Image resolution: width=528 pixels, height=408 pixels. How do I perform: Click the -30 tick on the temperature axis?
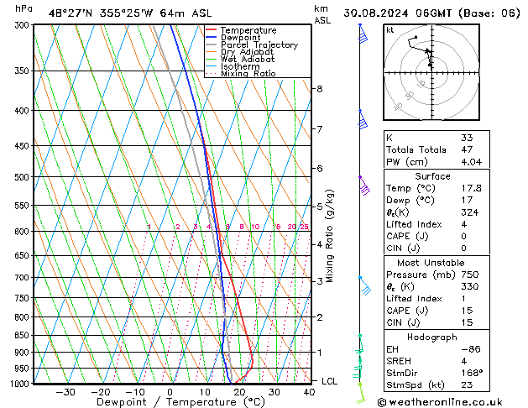[x=65, y=392]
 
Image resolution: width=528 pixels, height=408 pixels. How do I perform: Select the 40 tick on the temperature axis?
[x=310, y=392]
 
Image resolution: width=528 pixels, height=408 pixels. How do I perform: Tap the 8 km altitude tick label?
[x=320, y=89]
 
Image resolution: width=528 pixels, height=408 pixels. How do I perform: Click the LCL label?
[x=331, y=381]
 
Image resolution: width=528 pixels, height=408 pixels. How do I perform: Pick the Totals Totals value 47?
[x=467, y=149]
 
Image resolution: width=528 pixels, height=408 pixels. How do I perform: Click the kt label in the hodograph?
[x=389, y=30]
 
